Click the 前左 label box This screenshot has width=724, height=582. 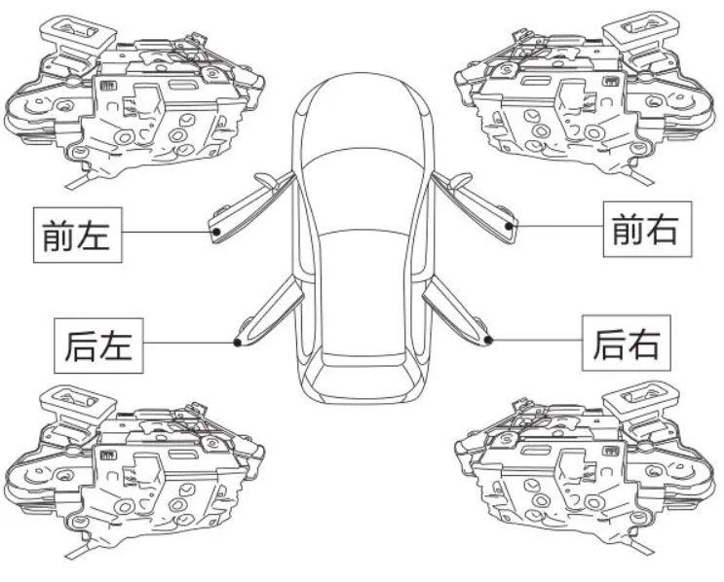(78, 235)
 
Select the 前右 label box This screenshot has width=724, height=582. (647, 229)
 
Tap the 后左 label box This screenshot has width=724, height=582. (98, 346)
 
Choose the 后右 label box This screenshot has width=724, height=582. (627, 343)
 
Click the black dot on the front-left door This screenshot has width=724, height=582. (216, 232)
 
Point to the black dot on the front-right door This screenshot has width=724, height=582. (509, 226)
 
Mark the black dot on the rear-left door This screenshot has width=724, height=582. (238, 343)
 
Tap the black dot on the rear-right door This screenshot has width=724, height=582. (488, 341)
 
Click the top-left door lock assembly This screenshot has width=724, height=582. (133, 100)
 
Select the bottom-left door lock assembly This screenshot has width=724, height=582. (133, 471)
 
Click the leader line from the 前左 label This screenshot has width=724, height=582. (168, 232)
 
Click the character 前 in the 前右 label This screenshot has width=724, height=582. (627, 230)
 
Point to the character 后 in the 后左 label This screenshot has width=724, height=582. (81, 346)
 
